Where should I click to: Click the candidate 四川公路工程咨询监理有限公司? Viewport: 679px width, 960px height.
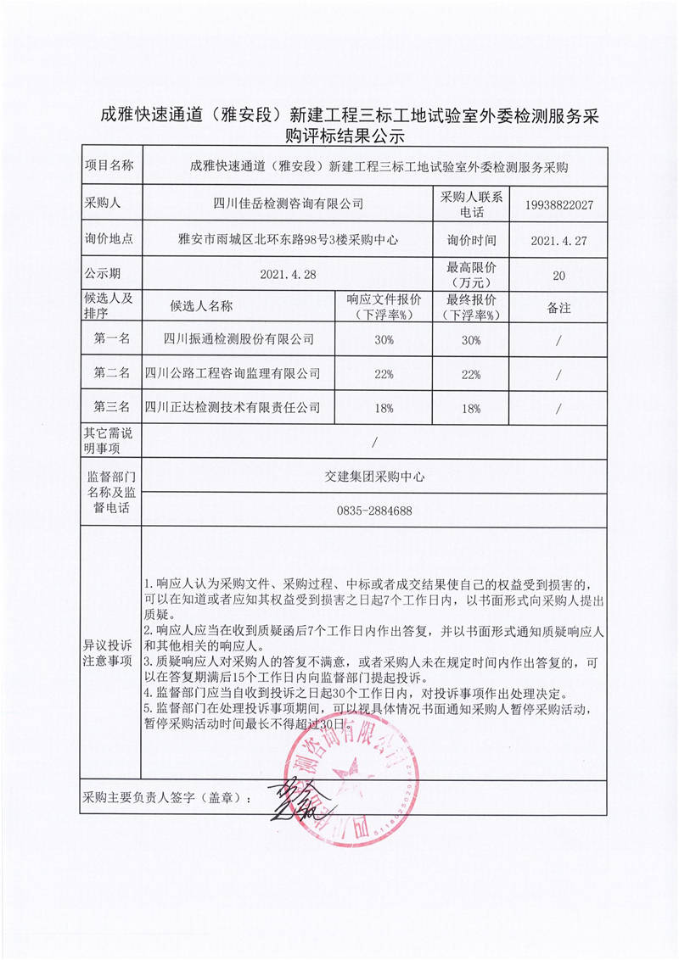pos(233,373)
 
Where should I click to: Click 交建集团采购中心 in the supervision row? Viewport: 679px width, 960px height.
pos(374,477)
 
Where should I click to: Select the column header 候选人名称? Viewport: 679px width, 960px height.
pos(201,306)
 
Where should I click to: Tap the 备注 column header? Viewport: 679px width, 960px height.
pos(558,306)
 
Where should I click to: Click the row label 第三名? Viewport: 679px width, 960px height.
pos(111,408)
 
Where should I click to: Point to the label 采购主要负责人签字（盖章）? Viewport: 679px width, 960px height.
pos(166,799)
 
